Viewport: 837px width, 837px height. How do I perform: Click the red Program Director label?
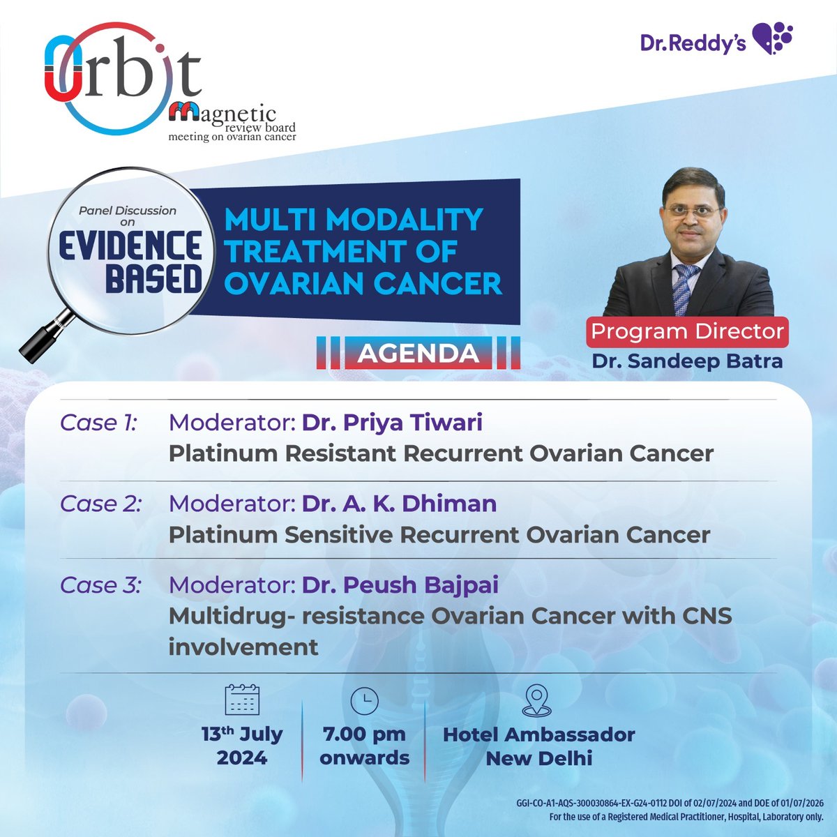pyautogui.click(x=688, y=331)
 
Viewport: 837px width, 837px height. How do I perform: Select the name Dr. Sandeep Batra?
pyautogui.click(x=687, y=361)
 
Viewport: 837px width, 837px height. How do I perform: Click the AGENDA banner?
pyautogui.click(x=418, y=353)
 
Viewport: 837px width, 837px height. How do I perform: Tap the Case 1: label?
pyautogui.click(x=99, y=423)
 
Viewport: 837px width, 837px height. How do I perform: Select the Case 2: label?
pyautogui.click(x=100, y=504)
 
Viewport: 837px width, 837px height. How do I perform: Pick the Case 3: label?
pyautogui.click(x=100, y=585)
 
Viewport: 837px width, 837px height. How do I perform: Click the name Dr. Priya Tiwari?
pyautogui.click(x=392, y=423)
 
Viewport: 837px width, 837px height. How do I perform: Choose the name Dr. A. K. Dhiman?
pyautogui.click(x=399, y=504)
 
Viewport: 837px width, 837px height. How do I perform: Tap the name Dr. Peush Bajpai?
pyautogui.click(x=400, y=585)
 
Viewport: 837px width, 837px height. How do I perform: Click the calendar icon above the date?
pyautogui.click(x=242, y=700)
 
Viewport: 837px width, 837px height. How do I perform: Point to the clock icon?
pyautogui.click(x=364, y=700)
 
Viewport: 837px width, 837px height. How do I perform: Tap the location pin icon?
pyautogui.click(x=537, y=700)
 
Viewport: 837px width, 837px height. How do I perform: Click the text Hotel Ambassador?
pyautogui.click(x=539, y=734)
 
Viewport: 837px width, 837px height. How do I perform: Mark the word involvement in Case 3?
pyautogui.click(x=243, y=647)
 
